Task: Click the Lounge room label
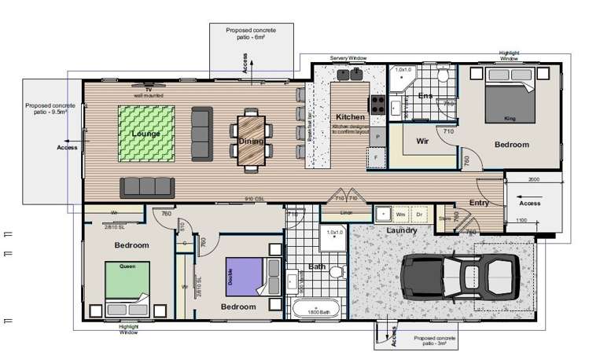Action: (145, 134)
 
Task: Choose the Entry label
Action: (479, 203)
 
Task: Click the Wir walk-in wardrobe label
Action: (422, 142)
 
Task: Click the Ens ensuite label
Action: (425, 96)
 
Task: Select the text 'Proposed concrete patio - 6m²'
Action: (251, 34)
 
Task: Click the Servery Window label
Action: (348, 58)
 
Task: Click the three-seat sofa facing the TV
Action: (145, 186)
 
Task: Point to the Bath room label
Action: (316, 267)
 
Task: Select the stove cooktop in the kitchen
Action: (377, 104)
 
